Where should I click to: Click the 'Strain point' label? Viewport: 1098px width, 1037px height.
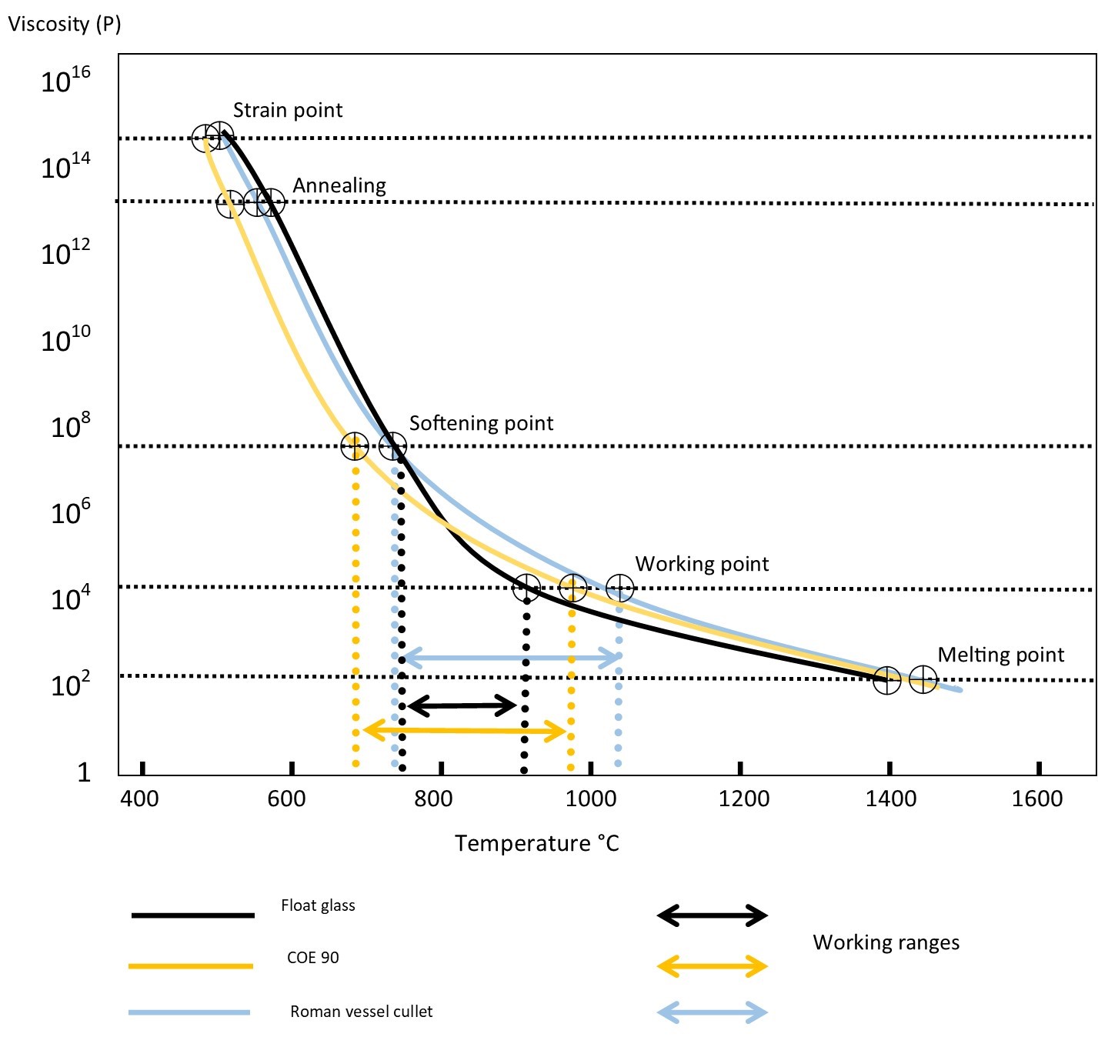(x=287, y=111)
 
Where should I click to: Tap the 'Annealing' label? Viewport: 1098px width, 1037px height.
(x=339, y=186)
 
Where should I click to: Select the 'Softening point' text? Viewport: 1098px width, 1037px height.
(x=481, y=423)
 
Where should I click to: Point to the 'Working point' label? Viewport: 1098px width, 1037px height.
(x=702, y=564)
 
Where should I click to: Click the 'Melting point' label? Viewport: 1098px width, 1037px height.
(x=1000, y=655)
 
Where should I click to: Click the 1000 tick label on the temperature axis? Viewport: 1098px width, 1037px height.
(x=591, y=799)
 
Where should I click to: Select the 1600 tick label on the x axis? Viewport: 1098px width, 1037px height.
(x=1037, y=799)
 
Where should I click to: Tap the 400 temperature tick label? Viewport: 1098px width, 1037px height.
(x=139, y=799)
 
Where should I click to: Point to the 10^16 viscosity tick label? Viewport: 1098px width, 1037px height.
(x=65, y=80)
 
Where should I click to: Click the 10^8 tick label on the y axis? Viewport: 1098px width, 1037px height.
(x=70, y=425)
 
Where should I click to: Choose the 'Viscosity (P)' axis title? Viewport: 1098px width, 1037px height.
(x=65, y=24)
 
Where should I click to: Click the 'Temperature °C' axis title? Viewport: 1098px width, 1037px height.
(x=536, y=843)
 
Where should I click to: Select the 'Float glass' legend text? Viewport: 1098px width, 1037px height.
(x=318, y=905)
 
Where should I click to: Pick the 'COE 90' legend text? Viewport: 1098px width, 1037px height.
(x=312, y=958)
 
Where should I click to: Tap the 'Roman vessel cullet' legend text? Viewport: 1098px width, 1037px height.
(x=361, y=1012)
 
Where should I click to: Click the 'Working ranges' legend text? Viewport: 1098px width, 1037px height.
(x=886, y=942)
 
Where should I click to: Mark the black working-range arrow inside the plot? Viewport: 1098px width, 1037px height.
(x=462, y=705)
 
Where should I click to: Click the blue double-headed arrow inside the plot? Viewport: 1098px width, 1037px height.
(x=511, y=658)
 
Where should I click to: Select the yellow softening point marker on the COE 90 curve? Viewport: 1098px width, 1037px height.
(x=355, y=445)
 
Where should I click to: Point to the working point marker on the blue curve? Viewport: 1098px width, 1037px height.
(x=620, y=589)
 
